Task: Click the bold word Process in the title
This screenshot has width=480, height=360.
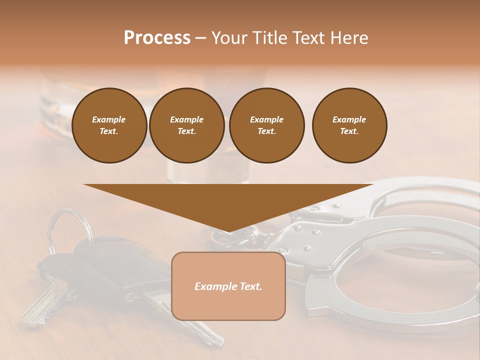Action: click(157, 37)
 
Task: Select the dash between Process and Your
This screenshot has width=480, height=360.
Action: click(200, 38)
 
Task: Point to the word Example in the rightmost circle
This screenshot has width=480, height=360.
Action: click(349, 119)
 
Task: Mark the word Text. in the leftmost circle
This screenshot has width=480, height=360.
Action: click(109, 131)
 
